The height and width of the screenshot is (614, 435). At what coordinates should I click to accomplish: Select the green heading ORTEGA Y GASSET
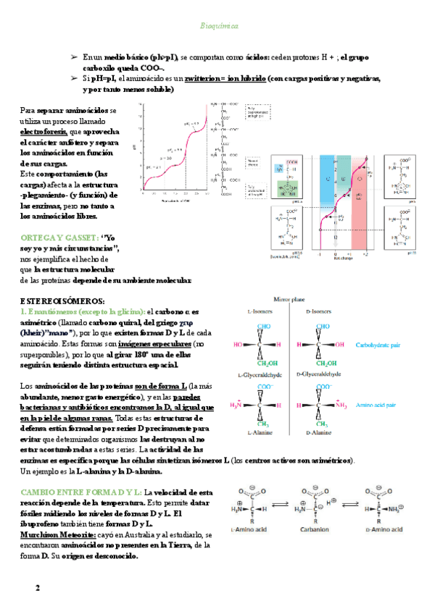[x=60, y=237]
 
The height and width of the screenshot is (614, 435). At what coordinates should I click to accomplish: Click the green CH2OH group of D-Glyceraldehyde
[x=321, y=363]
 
